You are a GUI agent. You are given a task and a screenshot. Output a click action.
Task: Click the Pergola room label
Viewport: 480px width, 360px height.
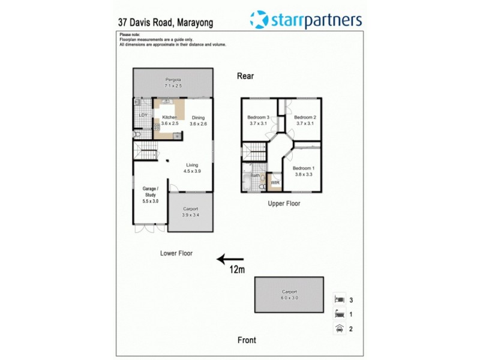(173, 79)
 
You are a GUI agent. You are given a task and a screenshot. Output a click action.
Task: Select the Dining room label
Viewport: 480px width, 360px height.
(198, 118)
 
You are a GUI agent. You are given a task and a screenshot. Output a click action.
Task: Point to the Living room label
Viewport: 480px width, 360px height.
(192, 165)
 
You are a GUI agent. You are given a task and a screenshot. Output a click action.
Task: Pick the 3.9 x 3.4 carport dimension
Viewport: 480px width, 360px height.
(190, 215)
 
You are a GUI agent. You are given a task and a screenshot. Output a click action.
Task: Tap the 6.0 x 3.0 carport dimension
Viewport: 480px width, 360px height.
(289, 298)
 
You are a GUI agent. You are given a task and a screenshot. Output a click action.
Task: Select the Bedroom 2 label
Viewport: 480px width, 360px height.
(305, 117)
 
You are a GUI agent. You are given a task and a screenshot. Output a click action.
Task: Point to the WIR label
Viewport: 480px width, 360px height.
(275, 182)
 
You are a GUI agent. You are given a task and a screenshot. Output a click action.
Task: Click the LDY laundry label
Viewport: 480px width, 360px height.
(143, 115)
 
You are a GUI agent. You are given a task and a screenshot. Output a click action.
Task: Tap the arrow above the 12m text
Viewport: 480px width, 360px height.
(230, 259)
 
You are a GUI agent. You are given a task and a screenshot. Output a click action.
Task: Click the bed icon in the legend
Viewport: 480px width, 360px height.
(339, 299)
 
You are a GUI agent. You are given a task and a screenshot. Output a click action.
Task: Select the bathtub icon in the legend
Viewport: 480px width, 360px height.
(339, 314)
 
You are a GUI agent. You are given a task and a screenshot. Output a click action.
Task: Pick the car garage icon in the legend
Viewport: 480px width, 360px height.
(339, 328)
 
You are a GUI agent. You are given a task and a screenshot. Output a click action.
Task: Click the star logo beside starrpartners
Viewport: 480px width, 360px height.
(259, 20)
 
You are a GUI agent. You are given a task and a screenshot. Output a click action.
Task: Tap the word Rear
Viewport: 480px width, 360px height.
(245, 76)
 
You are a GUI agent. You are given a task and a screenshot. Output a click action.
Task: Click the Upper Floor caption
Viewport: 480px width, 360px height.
(284, 204)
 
